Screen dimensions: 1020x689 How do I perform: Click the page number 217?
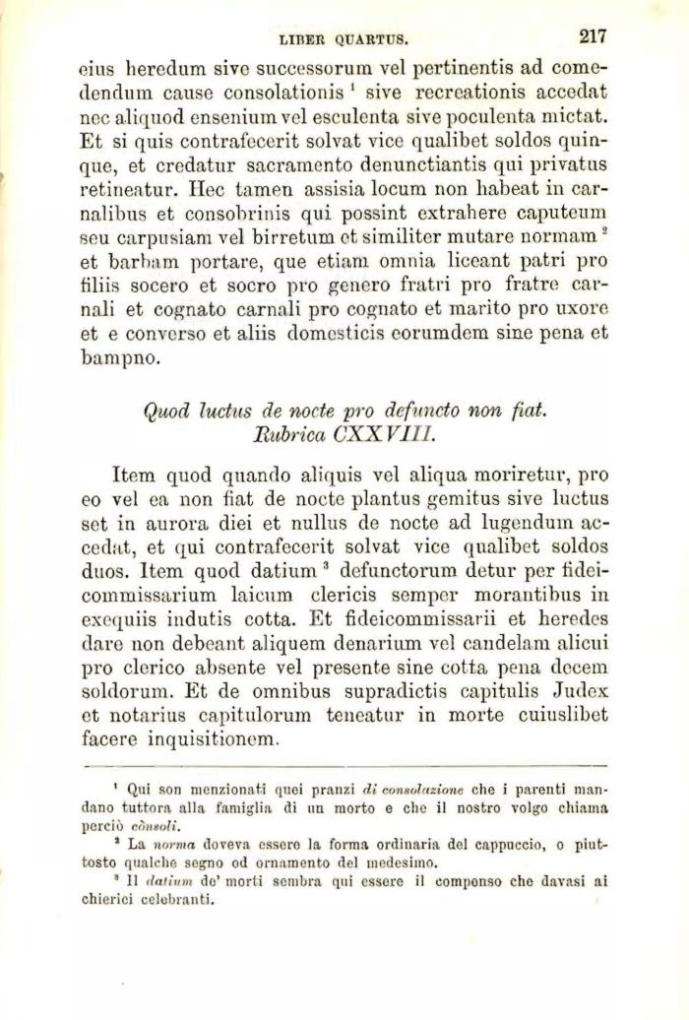tap(592, 37)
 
